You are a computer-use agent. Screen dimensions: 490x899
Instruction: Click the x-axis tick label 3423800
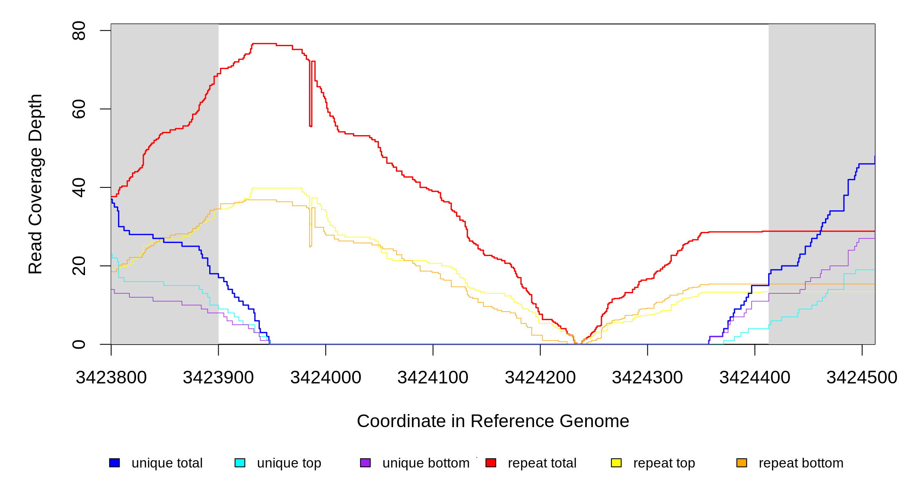[111, 378]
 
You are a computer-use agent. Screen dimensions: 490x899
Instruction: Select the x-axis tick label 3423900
[218, 378]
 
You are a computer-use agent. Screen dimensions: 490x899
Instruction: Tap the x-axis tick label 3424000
[326, 378]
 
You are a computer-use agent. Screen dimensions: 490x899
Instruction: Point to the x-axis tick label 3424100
[433, 378]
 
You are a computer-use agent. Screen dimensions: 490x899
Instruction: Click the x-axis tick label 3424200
[540, 378]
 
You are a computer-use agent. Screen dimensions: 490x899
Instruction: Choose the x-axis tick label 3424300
[647, 378]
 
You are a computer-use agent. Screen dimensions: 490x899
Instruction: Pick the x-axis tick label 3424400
[755, 378]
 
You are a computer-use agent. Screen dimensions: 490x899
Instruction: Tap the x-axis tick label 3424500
[862, 378]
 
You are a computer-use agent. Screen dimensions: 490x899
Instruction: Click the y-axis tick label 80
[79, 31]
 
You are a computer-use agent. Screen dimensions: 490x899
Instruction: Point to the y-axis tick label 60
[79, 109]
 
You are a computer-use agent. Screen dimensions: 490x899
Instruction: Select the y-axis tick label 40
[79, 187]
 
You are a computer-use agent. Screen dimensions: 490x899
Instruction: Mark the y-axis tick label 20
[79, 266]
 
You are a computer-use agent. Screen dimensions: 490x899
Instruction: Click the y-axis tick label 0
[79, 344]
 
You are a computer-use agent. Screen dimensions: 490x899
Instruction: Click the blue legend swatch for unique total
[114, 463]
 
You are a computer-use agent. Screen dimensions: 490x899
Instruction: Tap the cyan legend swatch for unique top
[240, 463]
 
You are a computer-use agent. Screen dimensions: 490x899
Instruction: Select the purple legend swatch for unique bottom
[365, 463]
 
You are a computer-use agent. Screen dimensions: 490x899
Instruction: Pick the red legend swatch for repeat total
[491, 463]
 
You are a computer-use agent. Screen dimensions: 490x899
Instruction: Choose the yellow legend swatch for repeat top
[616, 463]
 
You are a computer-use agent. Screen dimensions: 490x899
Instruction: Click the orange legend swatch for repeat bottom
[742, 463]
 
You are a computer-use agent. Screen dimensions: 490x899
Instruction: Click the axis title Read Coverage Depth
[36, 184]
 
